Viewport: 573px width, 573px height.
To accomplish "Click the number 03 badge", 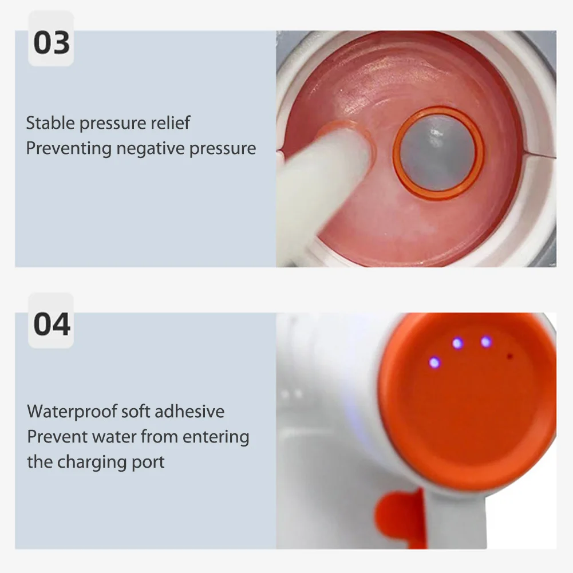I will click(51, 43).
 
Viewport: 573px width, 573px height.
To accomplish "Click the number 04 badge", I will click(51, 324).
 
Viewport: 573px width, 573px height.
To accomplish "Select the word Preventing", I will click(69, 149).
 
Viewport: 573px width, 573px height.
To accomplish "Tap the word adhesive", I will click(189, 412).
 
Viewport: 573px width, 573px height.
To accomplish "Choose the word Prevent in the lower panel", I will click(54, 437).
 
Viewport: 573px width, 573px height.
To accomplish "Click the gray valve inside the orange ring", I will click(437, 153).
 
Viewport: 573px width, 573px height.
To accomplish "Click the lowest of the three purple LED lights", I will click(434, 362).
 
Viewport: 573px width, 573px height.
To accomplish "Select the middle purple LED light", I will click(457, 343).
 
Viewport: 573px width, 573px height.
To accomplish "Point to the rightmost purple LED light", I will click(486, 342).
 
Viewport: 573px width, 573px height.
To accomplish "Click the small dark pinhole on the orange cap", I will click(509, 356).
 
